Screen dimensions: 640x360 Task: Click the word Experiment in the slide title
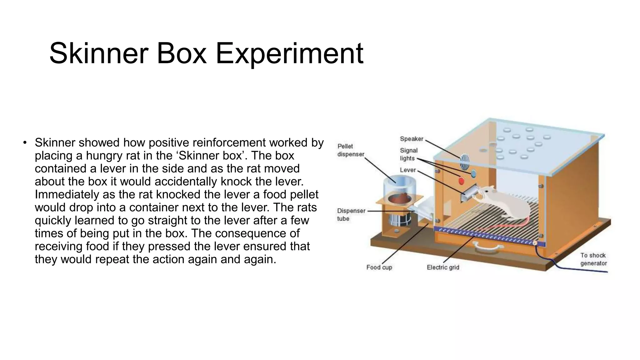tap(289, 54)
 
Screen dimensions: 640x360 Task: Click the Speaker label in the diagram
tap(412, 139)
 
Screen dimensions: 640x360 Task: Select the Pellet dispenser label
tap(351, 150)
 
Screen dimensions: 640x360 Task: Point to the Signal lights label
tap(408, 154)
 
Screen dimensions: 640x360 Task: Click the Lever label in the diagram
tap(408, 170)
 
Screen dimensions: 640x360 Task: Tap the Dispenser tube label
tap(351, 215)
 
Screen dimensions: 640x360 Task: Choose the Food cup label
tap(379, 267)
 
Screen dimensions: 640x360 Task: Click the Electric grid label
tap(443, 267)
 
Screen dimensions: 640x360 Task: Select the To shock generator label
tap(593, 259)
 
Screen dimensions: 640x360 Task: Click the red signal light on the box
tap(461, 181)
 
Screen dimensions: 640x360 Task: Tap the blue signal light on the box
tap(473, 173)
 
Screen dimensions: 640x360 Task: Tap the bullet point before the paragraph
tap(25, 143)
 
